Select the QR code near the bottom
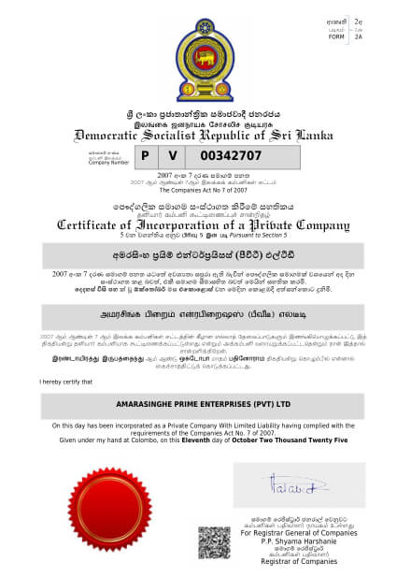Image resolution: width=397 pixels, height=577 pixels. coord(214,542)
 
